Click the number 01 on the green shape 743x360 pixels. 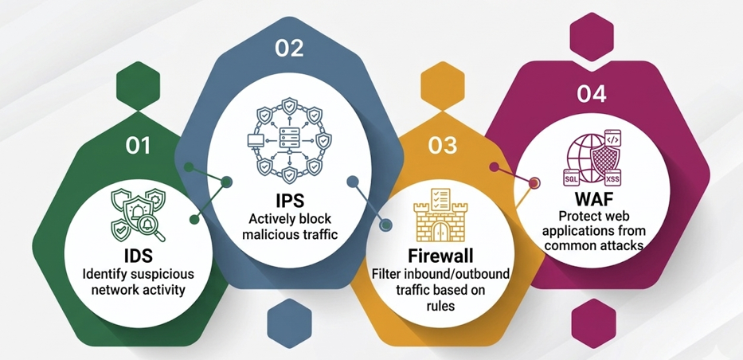tap(138, 146)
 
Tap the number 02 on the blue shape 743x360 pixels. tap(289, 49)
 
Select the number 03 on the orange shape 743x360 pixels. tap(443, 146)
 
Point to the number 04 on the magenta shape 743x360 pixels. tap(592, 94)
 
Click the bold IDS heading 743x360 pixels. tap(139, 256)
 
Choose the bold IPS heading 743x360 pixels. tap(290, 201)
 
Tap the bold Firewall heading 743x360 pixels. tap(440, 256)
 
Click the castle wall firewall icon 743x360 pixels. tap(440, 215)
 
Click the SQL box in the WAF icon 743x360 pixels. tap(571, 178)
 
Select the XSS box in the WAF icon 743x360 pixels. tap(612, 178)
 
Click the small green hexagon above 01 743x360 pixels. tap(138, 86)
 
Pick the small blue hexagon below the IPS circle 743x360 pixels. tap(289, 323)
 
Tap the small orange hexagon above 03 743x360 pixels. tap(442, 86)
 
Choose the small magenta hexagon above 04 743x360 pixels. tap(592, 37)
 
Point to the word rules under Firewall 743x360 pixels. tap(440, 306)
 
